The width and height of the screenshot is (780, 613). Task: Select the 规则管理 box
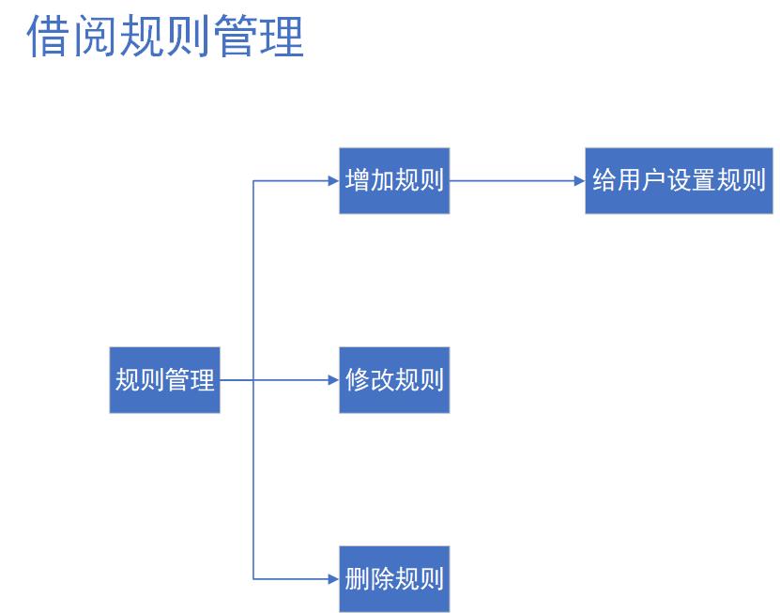[x=164, y=380]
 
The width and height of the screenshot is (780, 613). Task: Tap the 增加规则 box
[x=394, y=180]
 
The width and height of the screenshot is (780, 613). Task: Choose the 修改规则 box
[x=394, y=380]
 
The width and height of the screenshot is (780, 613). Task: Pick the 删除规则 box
[x=394, y=578]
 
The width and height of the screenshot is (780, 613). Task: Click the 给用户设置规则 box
[x=680, y=180]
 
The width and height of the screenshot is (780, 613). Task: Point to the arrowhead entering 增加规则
[x=333, y=180]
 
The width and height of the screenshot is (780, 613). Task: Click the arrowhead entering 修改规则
[x=333, y=380]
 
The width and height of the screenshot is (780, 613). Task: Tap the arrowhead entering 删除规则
[x=333, y=578]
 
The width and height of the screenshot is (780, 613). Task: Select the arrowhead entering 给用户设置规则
[x=579, y=180]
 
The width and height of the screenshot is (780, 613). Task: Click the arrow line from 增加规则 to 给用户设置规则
[x=512, y=180]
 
